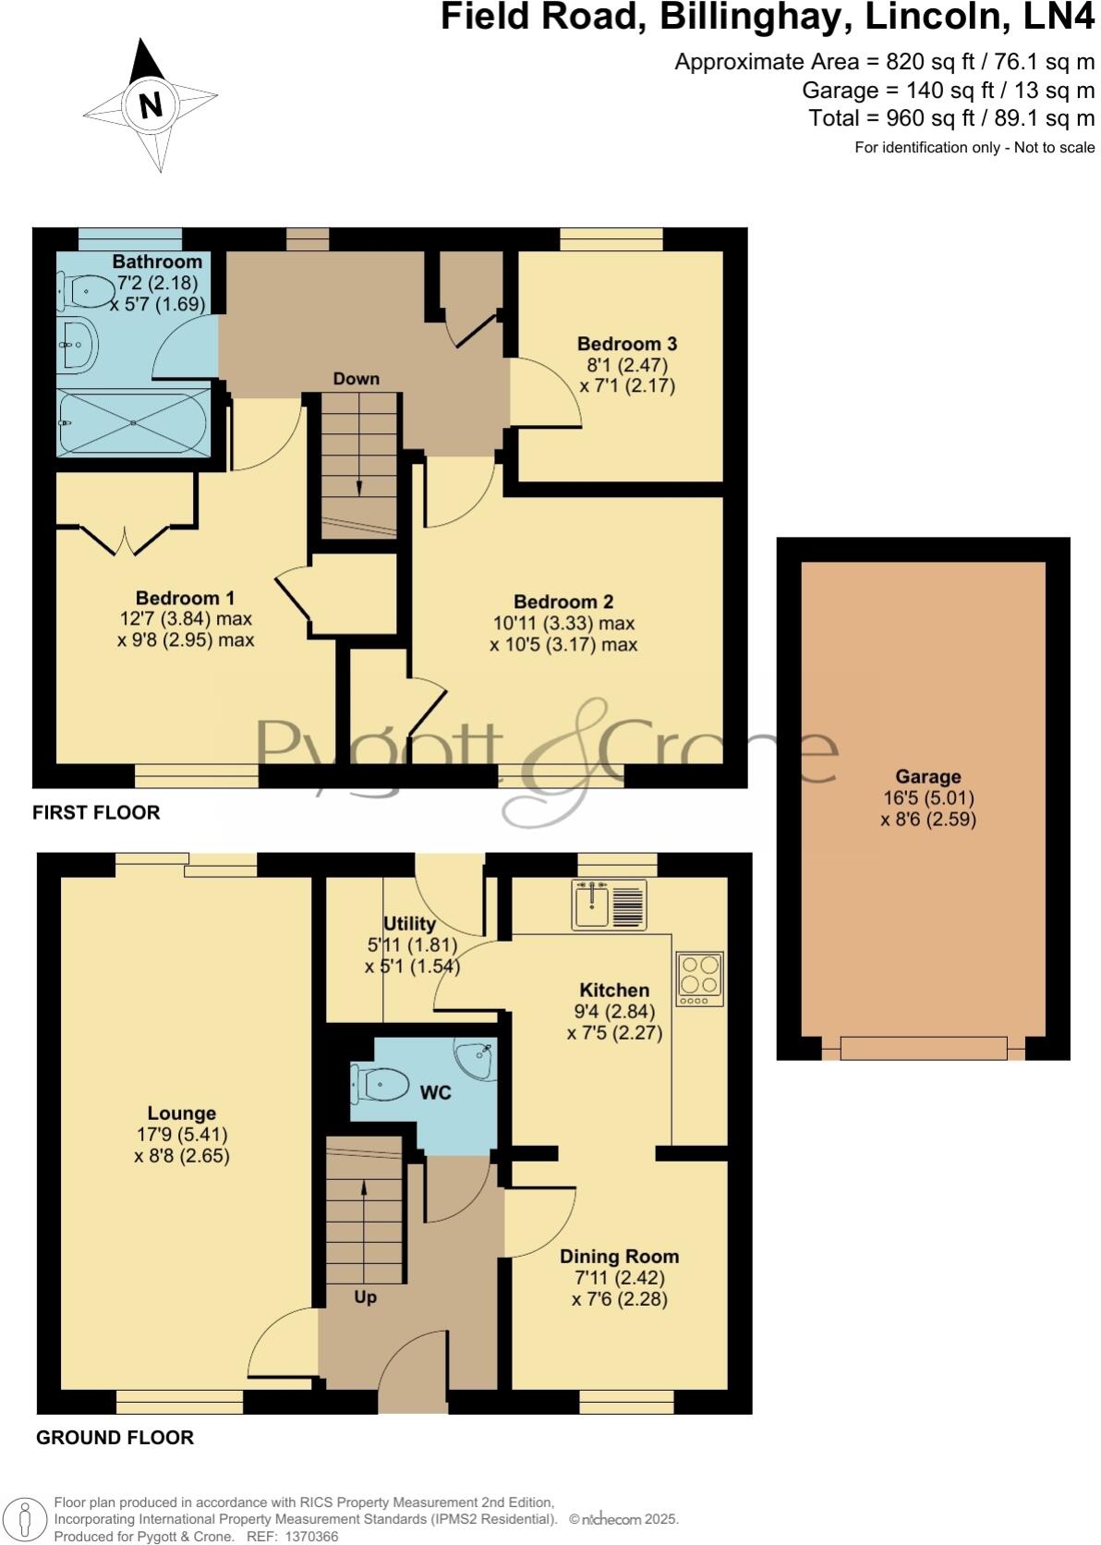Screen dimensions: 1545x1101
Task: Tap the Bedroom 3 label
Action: [627, 344]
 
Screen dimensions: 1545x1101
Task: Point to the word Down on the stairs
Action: [356, 379]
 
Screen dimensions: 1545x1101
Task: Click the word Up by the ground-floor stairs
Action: [365, 1297]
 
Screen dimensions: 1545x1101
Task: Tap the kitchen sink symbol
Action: [609, 904]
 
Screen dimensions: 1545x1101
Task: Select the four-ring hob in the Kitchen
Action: [699, 979]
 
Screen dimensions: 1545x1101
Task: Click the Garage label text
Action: [927, 777]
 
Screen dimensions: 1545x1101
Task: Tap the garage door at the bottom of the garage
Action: [923, 1049]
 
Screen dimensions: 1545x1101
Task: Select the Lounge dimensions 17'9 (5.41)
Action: [182, 1135]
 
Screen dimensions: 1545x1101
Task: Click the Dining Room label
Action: [619, 1257]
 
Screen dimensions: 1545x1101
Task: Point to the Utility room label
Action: [409, 924]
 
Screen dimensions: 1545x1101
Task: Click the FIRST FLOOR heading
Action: [96, 812]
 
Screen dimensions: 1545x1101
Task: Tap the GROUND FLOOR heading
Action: [115, 1438]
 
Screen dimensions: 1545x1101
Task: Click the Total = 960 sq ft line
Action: [950, 118]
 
